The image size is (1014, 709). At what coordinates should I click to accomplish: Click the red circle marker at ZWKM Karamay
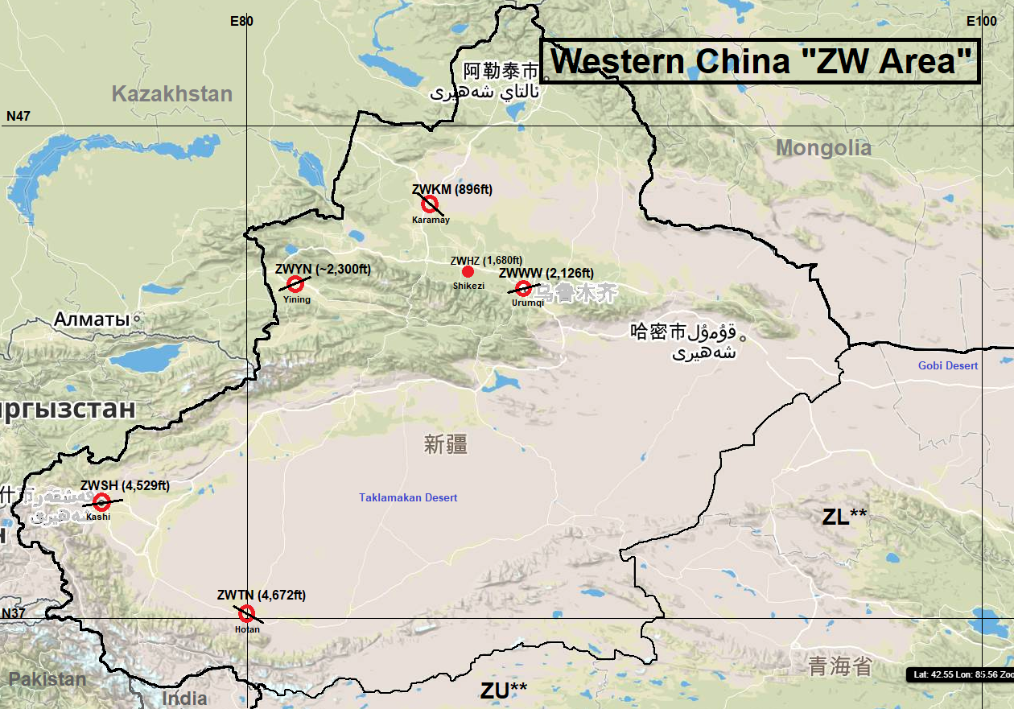pos(430,204)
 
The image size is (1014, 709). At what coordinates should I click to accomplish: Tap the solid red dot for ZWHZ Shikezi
pos(468,272)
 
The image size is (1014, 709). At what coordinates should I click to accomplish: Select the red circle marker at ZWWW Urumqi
pos(524,288)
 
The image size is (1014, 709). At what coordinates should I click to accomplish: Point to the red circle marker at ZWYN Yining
pos(295,283)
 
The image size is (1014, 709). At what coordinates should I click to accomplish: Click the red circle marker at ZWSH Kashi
pos(101,502)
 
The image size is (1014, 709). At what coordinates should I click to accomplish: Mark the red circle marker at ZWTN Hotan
pos(247,613)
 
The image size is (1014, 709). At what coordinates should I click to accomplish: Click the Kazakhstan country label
pos(171,94)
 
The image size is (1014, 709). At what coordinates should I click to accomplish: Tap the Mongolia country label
pos(823,148)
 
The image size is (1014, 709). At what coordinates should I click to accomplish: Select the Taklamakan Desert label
pos(408,498)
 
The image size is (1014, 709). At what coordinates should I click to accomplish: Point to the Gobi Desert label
pos(948,366)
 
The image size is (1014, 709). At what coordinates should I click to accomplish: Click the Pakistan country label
pos(47,679)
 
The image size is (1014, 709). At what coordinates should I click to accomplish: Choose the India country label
pos(184,698)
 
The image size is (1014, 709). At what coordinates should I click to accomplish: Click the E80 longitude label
pos(241,21)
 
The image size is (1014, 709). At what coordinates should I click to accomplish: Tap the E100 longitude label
pos(982,21)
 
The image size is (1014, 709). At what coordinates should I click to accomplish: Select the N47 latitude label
pos(18,117)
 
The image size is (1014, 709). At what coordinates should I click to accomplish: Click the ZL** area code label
pos(844,517)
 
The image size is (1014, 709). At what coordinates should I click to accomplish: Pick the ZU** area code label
pos(504,690)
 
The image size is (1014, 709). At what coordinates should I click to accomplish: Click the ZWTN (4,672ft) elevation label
pos(261,596)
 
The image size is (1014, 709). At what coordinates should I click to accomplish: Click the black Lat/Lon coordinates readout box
pos(960,674)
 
